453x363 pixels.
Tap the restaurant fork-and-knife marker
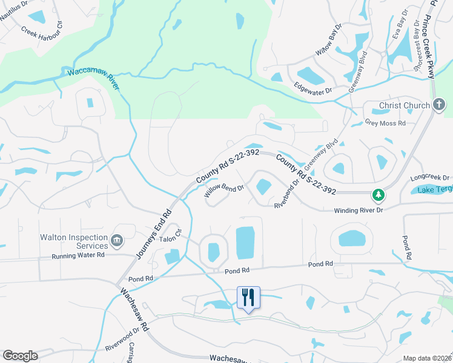pos(248,297)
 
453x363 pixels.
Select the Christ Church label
pos(405,105)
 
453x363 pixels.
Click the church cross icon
pos(440,105)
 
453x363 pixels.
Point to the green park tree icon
pos(379,195)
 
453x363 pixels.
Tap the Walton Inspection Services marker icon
pos(117,242)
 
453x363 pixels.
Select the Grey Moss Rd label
pos(385,122)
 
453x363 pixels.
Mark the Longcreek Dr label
pos(430,178)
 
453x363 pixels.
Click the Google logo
pos(19,356)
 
